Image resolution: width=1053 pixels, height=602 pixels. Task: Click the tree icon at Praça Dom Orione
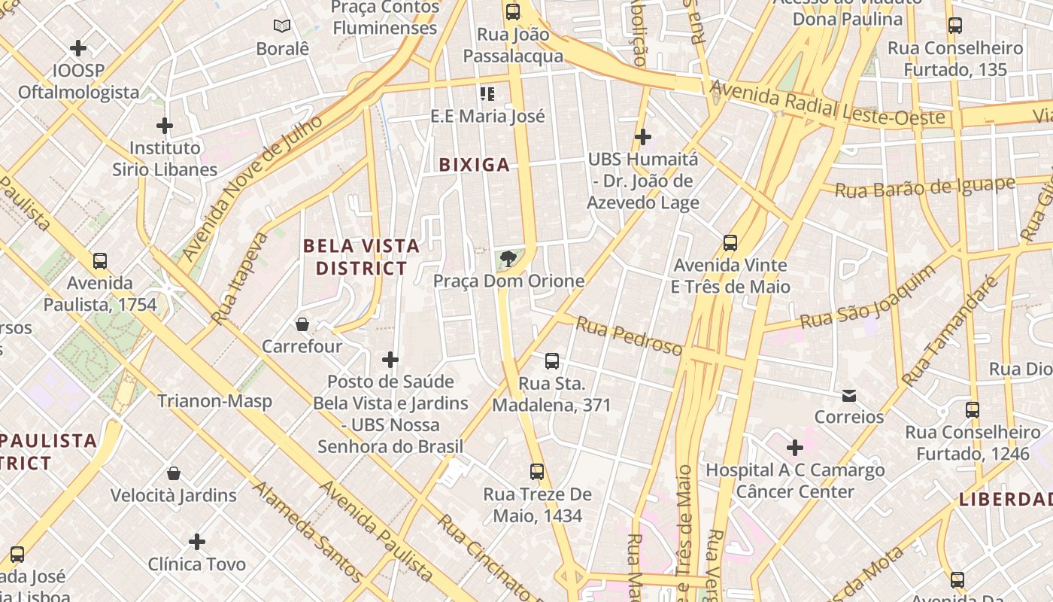click(x=508, y=260)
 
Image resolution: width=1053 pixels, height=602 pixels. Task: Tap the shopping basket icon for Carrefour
click(x=302, y=324)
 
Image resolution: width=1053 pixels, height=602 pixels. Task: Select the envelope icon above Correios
click(x=849, y=395)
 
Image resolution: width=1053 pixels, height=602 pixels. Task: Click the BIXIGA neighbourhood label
click(x=474, y=165)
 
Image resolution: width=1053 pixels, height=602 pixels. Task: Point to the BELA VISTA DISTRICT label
click(x=361, y=257)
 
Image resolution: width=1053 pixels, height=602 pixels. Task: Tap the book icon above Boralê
click(x=282, y=26)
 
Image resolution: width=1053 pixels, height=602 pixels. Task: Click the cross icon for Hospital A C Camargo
click(x=794, y=448)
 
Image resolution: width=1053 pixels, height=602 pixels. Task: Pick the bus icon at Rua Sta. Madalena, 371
click(x=552, y=361)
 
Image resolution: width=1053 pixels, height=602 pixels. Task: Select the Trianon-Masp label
click(x=214, y=401)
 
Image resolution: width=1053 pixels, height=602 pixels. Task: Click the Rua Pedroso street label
click(x=629, y=335)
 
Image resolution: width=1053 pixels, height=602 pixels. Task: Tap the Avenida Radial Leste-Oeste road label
click(x=827, y=105)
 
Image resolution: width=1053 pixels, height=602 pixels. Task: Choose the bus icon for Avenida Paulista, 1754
click(x=100, y=261)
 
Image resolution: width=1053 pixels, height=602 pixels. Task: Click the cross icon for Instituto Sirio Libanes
click(x=165, y=125)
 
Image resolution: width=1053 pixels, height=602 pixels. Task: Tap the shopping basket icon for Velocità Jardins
click(x=174, y=473)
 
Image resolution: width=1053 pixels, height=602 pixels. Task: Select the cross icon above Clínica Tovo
click(x=197, y=542)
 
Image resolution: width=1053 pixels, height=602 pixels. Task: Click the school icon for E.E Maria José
click(x=487, y=94)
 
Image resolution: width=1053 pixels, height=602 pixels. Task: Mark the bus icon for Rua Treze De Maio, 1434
click(x=537, y=472)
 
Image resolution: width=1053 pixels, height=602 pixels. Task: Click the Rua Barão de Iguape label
click(x=925, y=187)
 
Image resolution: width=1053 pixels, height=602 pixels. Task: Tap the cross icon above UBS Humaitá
click(x=642, y=137)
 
